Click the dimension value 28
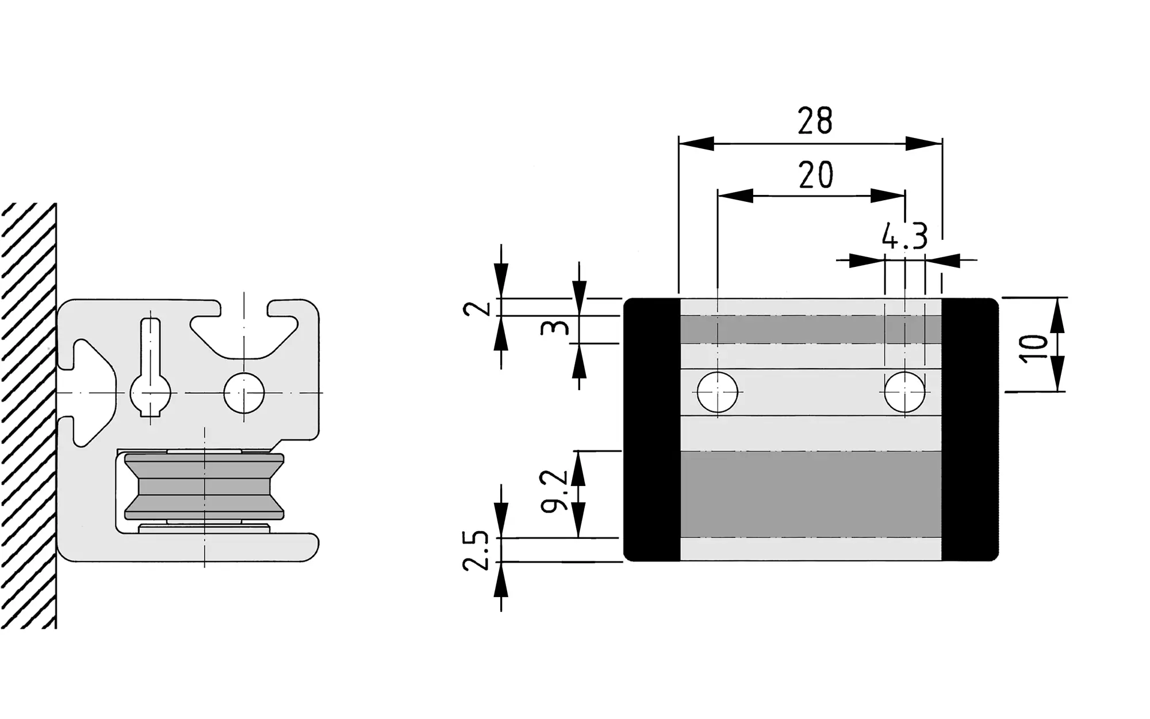coord(815,121)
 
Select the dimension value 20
coord(816,175)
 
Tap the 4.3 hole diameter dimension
coord(904,236)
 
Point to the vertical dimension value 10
coord(1033,347)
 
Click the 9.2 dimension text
coord(554,490)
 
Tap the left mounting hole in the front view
coord(717,392)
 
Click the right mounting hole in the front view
coord(905,392)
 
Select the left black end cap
coord(652,429)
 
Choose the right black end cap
coord(969,429)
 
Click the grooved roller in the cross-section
coord(204,487)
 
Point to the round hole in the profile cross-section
coord(244,393)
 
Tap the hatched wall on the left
coord(28,414)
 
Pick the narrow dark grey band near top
coord(811,330)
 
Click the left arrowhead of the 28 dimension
coord(696,144)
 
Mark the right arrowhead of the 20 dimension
coord(888,196)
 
